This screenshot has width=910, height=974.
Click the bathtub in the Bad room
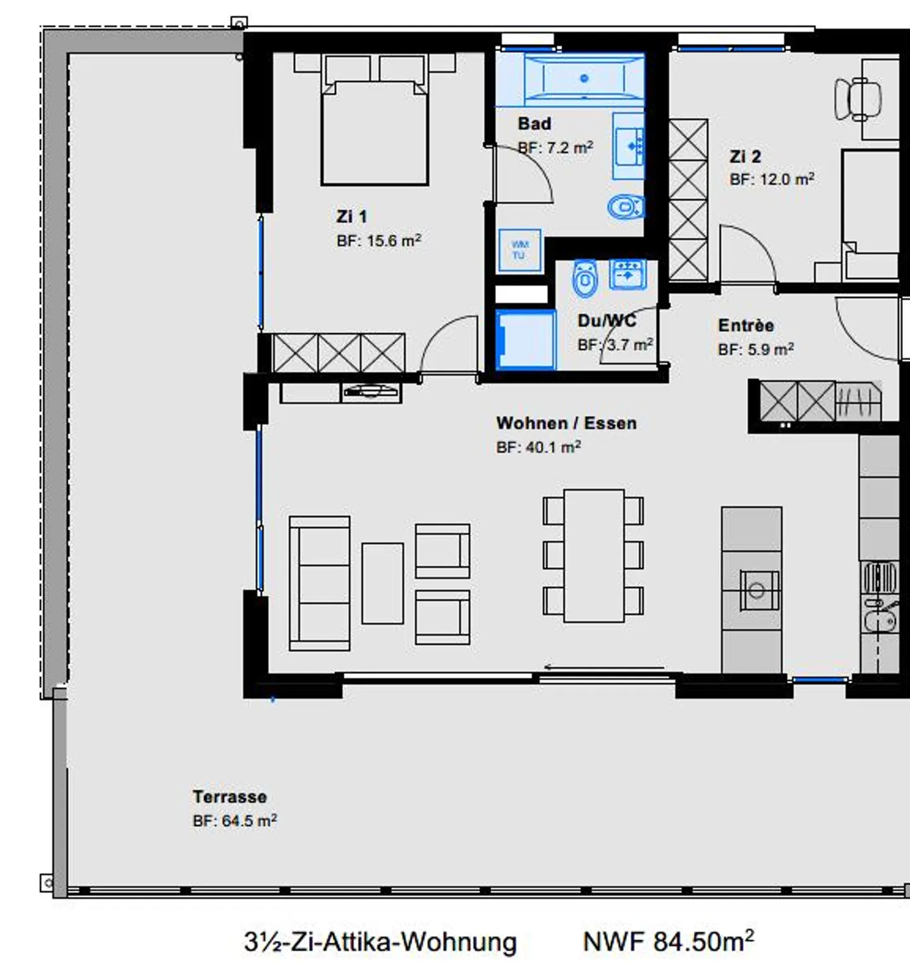[584, 78]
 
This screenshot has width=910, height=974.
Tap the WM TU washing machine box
[519, 250]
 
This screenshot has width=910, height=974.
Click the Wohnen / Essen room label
[566, 423]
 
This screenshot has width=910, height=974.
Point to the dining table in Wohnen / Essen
[593, 556]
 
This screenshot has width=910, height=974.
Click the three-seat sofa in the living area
[320, 583]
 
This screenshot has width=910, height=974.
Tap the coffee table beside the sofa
[382, 583]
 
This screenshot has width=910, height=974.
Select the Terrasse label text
[230, 797]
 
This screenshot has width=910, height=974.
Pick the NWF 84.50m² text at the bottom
[668, 942]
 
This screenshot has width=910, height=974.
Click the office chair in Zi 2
[857, 99]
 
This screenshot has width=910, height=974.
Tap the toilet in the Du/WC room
[585, 278]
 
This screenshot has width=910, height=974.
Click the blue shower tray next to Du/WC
[526, 339]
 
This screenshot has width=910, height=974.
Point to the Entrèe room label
[746, 326]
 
